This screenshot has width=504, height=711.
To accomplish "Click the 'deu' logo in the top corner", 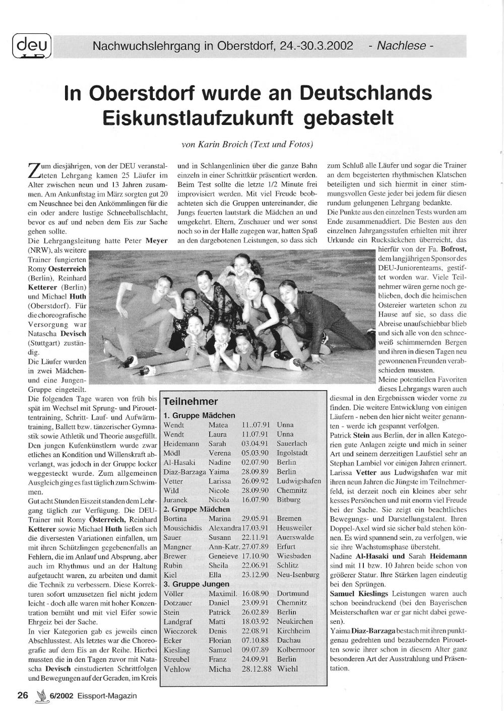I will pos(31,47).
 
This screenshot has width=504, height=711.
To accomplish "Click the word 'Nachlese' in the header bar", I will pos(401,46).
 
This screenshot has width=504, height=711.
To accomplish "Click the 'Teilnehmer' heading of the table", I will pos(191,402).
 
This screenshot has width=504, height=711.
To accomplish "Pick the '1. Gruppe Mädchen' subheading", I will pos(199,415).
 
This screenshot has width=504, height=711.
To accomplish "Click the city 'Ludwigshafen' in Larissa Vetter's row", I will pos(298,481).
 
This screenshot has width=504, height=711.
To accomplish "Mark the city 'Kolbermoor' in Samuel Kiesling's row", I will pos(296,650).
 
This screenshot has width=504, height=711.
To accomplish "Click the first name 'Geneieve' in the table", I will pos(221,556).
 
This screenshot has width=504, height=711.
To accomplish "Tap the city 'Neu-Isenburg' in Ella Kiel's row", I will pos(298,575).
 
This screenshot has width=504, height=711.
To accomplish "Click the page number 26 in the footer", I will pos(22,695).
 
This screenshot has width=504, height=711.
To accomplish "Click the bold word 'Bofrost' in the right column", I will pos(453,249).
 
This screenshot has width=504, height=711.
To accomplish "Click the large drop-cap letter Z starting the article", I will pos(32,170).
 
